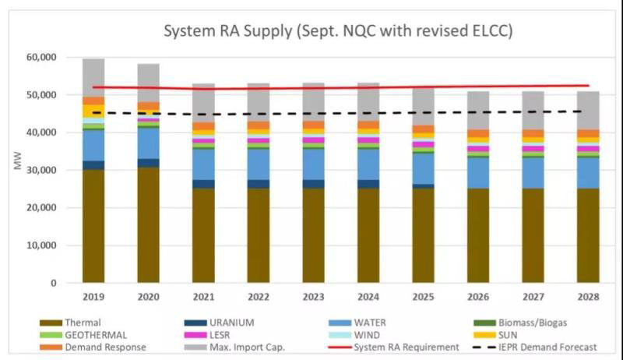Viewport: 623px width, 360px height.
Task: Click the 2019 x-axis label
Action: [x=93, y=297]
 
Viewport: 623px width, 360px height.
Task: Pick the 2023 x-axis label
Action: [x=314, y=297]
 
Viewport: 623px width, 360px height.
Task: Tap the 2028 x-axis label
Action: [x=589, y=297]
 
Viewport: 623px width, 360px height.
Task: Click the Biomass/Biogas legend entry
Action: [x=538, y=323]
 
